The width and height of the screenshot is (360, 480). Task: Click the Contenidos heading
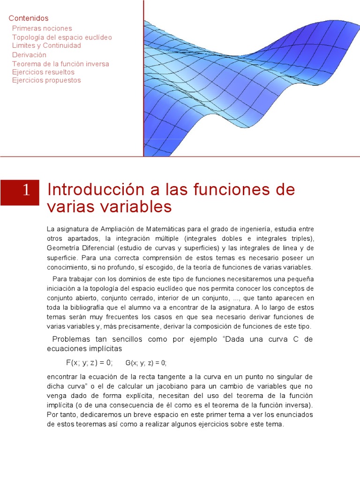29,18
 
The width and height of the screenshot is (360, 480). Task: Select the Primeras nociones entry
42,29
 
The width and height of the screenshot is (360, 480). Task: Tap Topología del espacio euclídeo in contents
62,37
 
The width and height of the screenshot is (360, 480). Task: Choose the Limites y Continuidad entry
46,45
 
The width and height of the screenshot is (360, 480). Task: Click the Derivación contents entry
30,55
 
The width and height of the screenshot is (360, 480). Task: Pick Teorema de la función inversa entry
60,64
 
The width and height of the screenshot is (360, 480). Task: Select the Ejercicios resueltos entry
43,72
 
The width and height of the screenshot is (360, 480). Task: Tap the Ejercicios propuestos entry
46,80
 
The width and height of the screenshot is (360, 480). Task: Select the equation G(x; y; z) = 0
146,362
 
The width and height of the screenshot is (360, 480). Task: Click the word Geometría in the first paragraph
63,248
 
